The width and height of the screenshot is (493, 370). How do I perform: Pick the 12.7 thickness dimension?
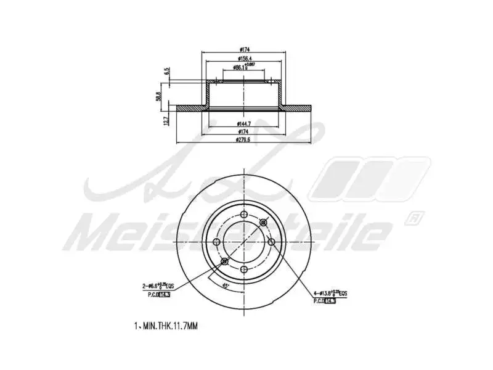tap(166, 121)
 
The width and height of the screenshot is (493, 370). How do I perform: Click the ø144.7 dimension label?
tap(244, 124)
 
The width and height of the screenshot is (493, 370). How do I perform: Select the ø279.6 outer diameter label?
tap(244, 139)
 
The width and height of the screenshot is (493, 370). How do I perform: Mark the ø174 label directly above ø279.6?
tap(244, 132)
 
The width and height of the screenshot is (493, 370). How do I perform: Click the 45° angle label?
tap(226, 286)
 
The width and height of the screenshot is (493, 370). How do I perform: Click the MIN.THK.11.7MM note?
tap(165, 325)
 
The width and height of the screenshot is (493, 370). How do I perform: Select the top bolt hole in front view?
tap(244, 213)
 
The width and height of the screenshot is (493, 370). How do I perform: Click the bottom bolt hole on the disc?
tap(244, 269)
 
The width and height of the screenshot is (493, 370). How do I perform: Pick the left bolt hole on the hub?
tap(216, 242)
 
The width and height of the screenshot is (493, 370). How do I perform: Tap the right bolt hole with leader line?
tap(272, 242)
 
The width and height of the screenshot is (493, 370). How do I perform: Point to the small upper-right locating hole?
tap(264, 221)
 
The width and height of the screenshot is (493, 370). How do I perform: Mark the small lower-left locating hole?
tap(224, 262)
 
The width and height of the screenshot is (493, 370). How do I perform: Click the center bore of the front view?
tap(244, 242)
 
